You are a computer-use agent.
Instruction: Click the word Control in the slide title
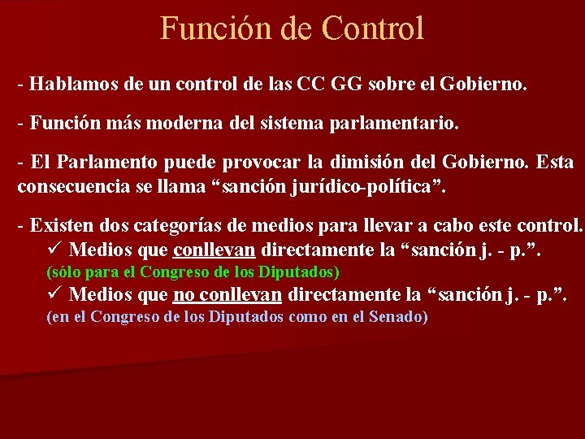coord(373,28)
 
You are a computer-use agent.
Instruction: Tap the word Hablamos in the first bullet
coord(67,84)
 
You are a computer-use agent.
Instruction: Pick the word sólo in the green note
coord(65,272)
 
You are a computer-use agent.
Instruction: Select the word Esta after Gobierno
coord(555,163)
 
